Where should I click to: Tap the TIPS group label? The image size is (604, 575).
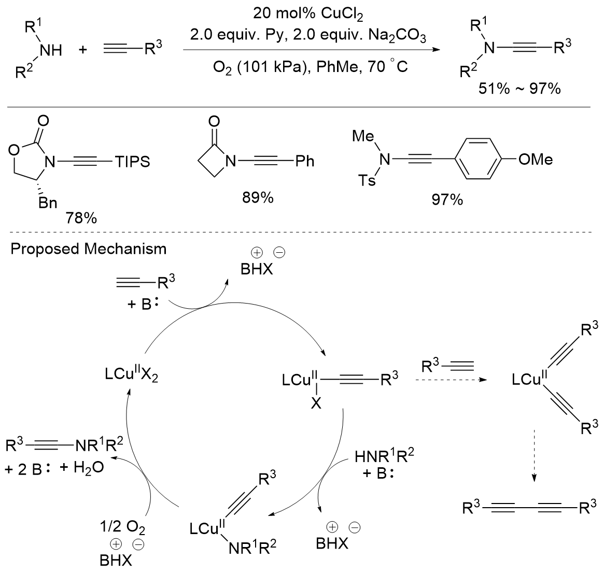(x=132, y=162)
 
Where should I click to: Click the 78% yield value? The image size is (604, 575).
(x=81, y=219)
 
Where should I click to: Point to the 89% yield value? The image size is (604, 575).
(x=258, y=198)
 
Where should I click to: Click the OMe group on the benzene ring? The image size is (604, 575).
(x=536, y=159)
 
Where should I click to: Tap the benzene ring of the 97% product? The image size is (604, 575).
(x=480, y=159)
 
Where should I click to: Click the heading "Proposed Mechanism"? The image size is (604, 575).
(x=89, y=249)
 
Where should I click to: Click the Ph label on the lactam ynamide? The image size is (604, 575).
(x=305, y=162)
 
